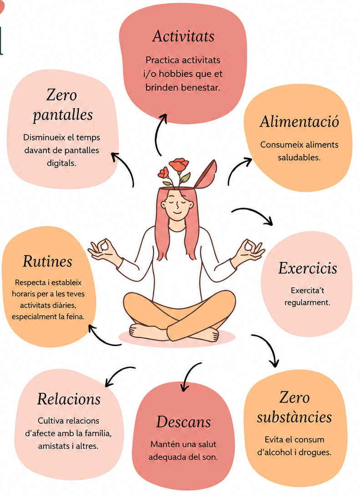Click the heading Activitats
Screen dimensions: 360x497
[183, 36]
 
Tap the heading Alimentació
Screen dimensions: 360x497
[299, 122]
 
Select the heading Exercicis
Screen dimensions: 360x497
[307, 268]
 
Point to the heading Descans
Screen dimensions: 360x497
[183, 422]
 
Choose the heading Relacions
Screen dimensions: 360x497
[69, 399]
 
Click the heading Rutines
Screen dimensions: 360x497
[47, 261]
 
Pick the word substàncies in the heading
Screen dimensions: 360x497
[294, 417]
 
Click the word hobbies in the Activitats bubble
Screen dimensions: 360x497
[176, 74]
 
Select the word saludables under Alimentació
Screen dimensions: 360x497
[299, 157]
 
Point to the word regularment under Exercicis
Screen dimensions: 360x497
[307, 302]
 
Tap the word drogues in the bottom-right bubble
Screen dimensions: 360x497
[314, 452]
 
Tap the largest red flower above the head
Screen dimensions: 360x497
[179, 165]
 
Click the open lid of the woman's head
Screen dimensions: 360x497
[206, 174]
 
